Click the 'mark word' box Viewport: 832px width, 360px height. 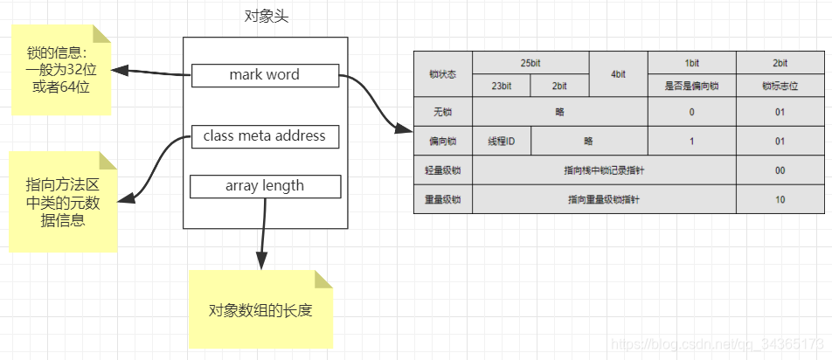[x=265, y=75]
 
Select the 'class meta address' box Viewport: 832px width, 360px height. [x=265, y=136]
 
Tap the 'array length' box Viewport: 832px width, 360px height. [x=265, y=185]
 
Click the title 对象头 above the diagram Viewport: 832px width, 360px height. [x=265, y=16]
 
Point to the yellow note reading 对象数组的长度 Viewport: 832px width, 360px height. [x=260, y=311]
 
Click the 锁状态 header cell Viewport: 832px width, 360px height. [x=443, y=74]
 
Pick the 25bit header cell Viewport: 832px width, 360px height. [x=530, y=63]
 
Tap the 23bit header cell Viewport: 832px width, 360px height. [x=501, y=86]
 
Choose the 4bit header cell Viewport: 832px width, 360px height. [x=618, y=74]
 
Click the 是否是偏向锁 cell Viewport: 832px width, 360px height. [x=691, y=86]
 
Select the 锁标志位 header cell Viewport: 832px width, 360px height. [x=780, y=86]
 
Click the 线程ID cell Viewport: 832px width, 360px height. [x=502, y=141]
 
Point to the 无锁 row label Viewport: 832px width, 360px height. [x=443, y=112]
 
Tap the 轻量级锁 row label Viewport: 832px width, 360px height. [x=443, y=170]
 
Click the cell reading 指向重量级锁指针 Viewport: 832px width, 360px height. [x=604, y=199]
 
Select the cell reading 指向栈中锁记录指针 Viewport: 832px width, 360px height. [x=604, y=170]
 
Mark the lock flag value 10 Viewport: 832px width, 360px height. [x=780, y=199]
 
